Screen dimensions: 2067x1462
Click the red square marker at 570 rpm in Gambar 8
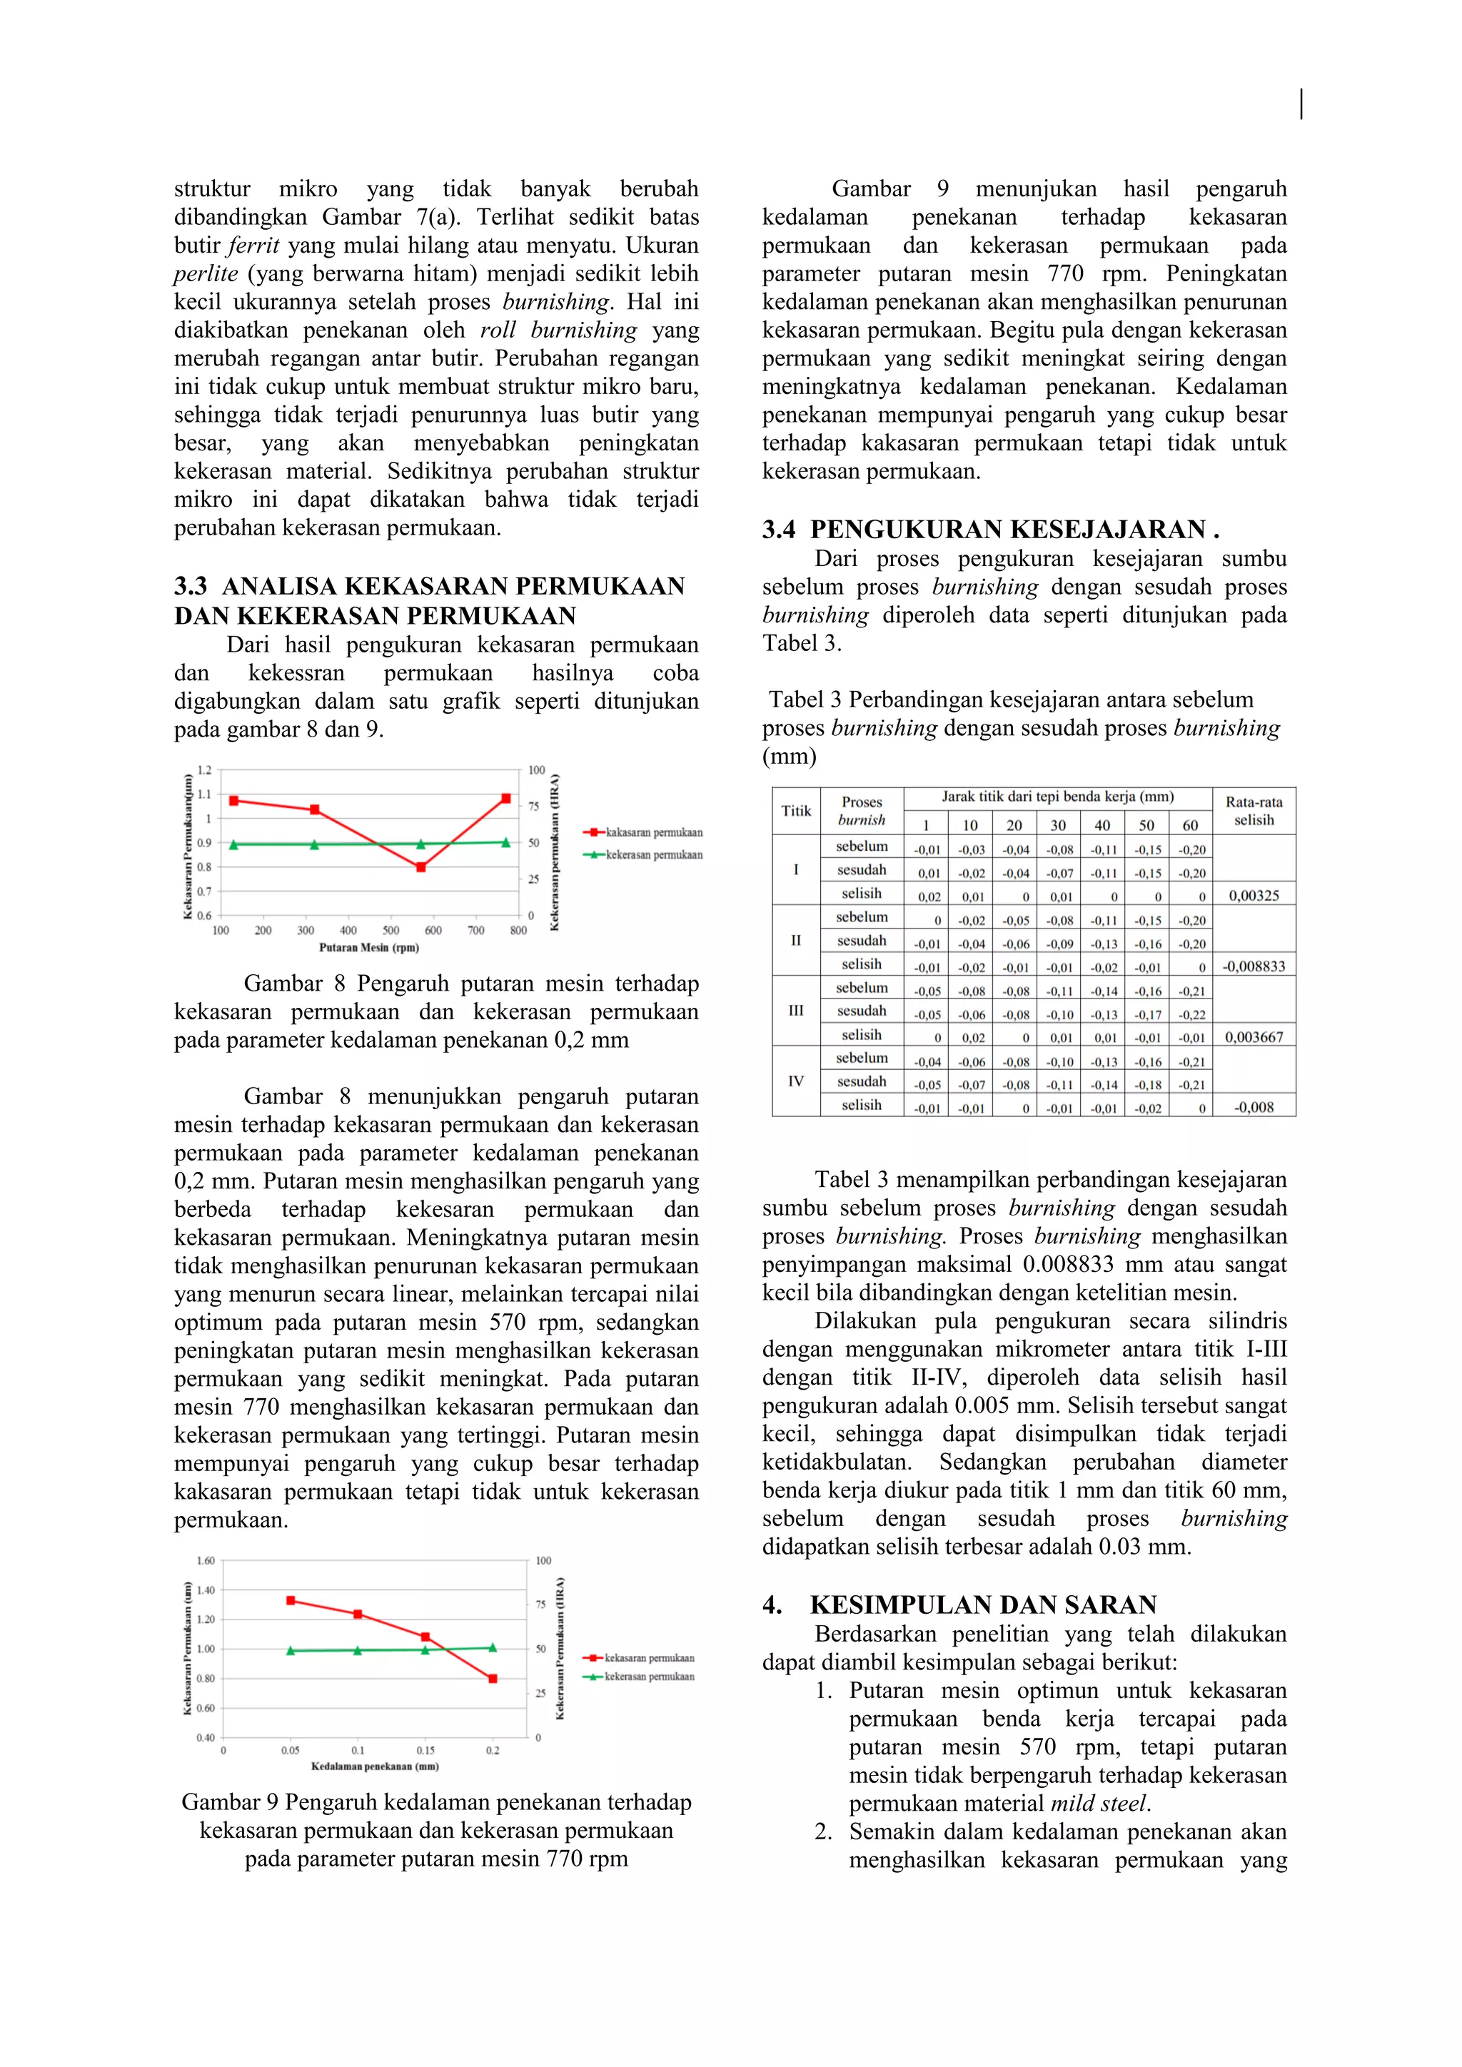coord(420,867)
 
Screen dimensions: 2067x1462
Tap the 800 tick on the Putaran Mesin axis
coord(518,930)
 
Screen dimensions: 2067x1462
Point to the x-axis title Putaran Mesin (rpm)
coord(369,947)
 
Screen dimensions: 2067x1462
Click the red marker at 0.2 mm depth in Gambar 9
coord(493,1678)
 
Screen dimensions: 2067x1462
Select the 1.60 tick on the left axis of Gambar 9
coord(206,1560)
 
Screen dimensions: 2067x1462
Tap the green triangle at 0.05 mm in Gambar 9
coord(291,1650)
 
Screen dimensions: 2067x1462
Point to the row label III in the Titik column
coord(796,1010)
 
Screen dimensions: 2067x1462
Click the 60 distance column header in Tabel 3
coord(1190,824)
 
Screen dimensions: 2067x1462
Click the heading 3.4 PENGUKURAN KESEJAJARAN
coord(990,530)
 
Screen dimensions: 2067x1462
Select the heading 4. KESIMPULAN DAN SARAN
coord(959,1604)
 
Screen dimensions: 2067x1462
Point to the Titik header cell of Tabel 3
coord(796,810)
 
